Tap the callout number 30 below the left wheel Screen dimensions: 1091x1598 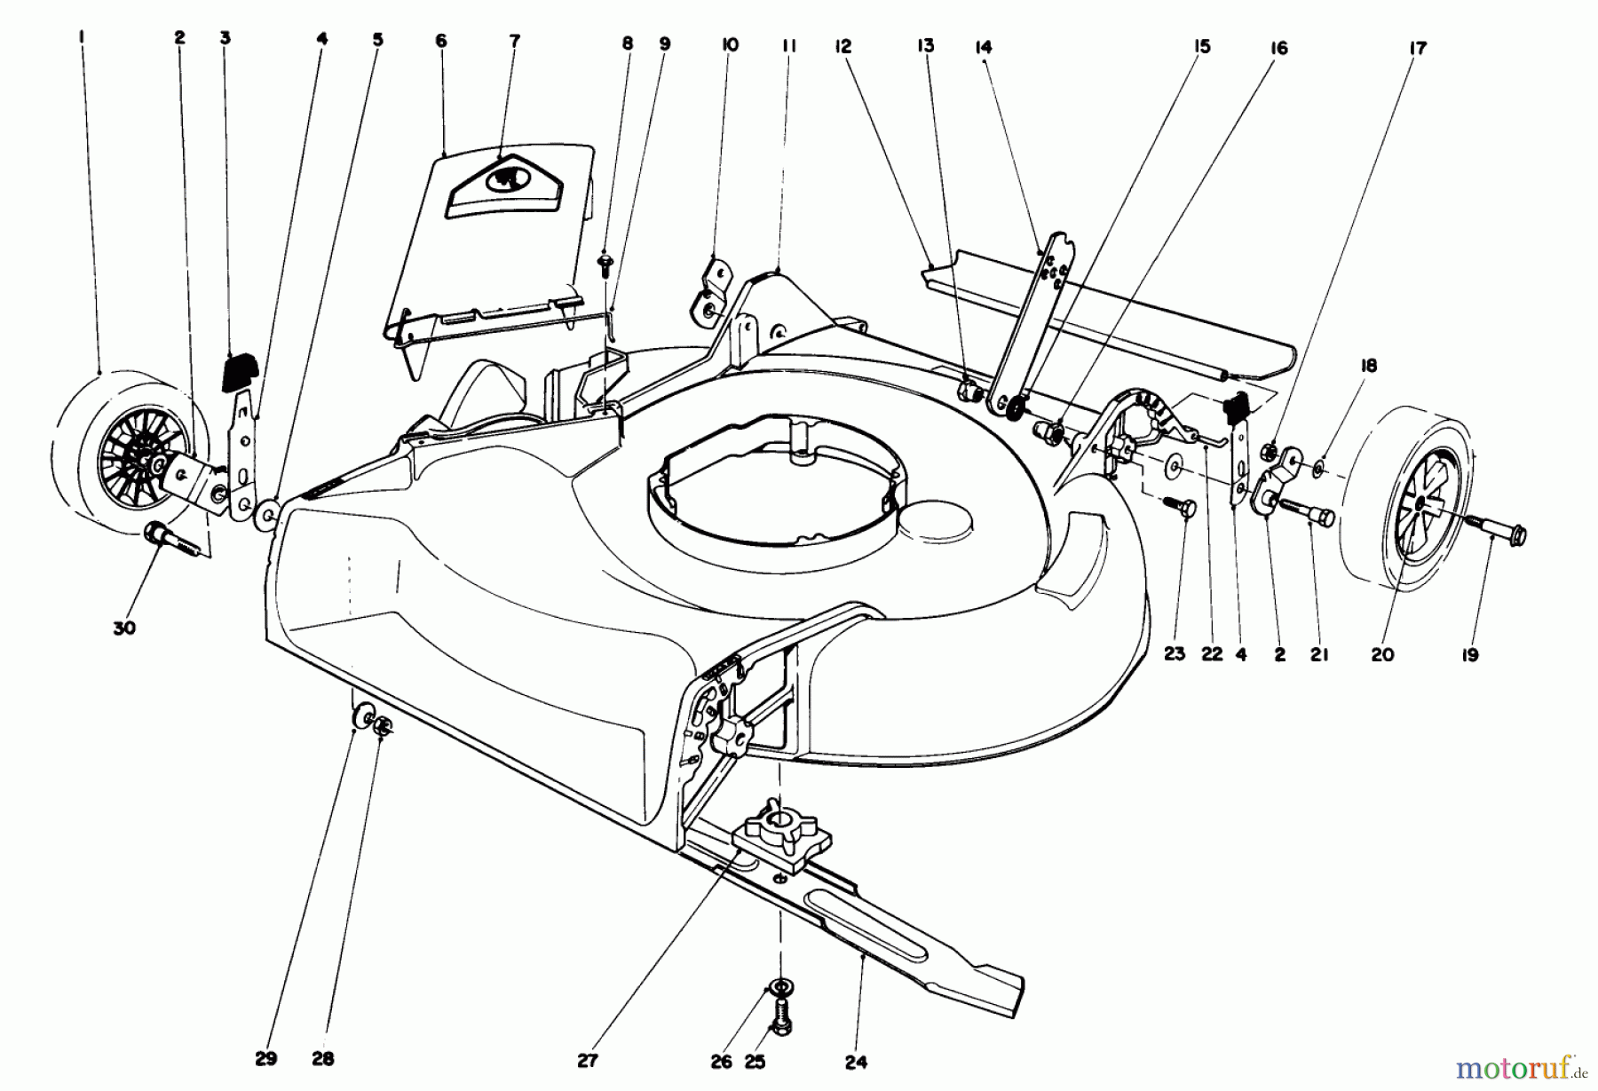[124, 628]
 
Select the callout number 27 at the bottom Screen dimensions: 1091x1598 [588, 1059]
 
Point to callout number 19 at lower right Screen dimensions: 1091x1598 [1470, 655]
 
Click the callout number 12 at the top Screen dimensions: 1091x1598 [843, 46]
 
